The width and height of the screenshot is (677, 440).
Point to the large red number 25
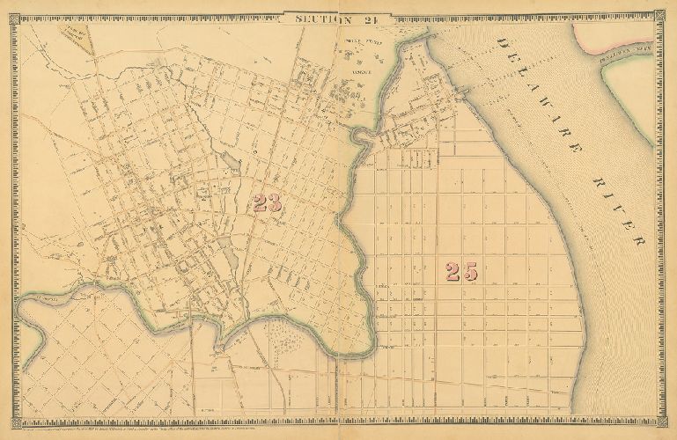click(x=460, y=272)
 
